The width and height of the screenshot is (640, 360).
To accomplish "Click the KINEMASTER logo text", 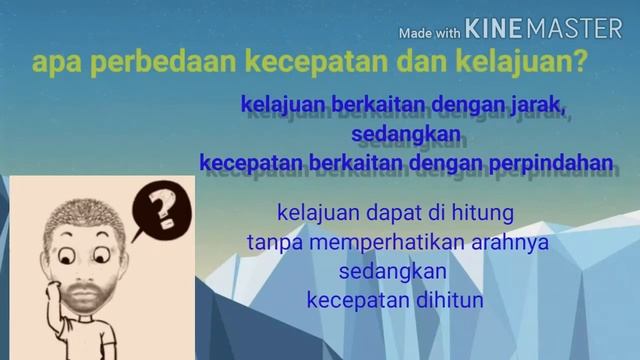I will (x=544, y=29).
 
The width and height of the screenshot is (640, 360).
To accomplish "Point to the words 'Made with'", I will (x=429, y=32).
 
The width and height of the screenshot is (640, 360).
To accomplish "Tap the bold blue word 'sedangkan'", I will (x=405, y=132).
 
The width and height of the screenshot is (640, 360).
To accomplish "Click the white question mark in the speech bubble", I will (x=156, y=211).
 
